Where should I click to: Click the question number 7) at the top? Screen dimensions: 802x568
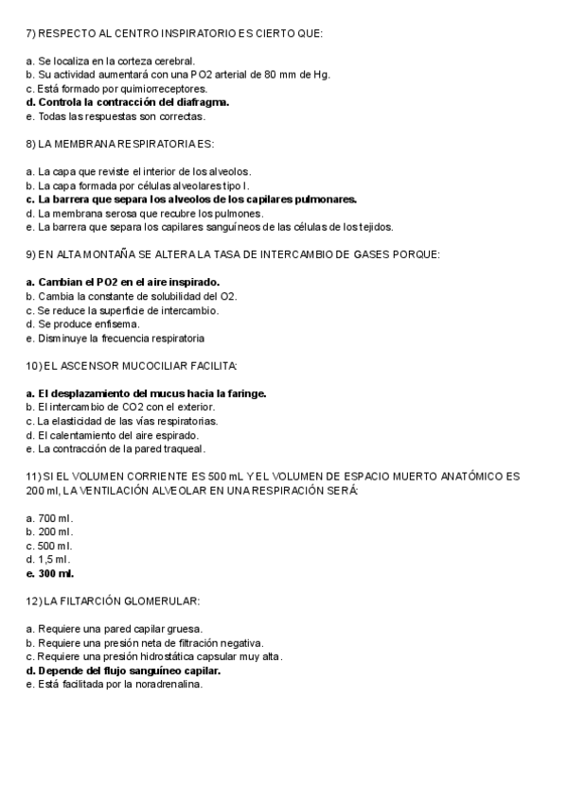pos(30,33)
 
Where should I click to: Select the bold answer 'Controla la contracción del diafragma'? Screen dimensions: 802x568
pos(133,102)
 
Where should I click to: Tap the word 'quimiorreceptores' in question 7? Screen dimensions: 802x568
pos(167,88)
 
